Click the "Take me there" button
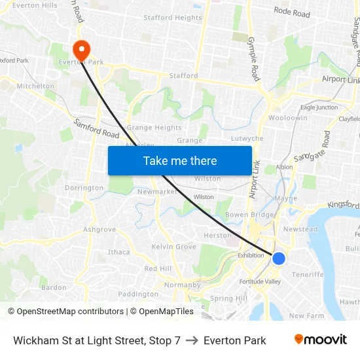tap(180, 160)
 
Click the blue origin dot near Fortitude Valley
tap(279, 259)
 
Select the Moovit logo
tap(320, 340)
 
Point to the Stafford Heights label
tap(173, 18)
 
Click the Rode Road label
tap(292, 12)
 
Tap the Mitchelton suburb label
tap(35, 86)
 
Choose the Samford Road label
tap(95, 128)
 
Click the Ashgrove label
tap(99, 230)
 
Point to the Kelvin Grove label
tap(174, 247)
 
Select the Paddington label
tap(138, 294)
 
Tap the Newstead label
tap(300, 229)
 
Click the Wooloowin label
tap(288, 118)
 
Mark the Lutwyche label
tap(247, 139)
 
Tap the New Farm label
tap(306, 315)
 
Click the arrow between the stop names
tap(192, 340)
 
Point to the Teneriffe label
tap(308, 274)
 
